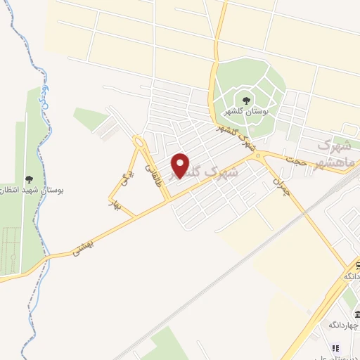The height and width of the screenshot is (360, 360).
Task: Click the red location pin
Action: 181,165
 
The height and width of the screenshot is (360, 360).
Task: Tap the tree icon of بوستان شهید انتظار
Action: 29,180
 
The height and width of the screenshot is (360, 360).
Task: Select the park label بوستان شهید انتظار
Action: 29,191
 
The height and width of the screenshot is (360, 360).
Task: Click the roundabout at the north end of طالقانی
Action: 139,143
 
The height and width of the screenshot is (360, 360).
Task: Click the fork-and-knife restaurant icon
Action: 335,347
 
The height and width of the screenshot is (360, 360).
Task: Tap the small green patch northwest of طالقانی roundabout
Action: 91,118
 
